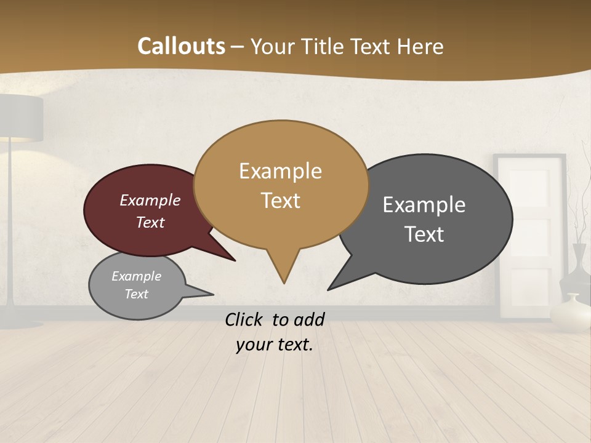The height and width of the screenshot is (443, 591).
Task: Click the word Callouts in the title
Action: pyautogui.click(x=181, y=46)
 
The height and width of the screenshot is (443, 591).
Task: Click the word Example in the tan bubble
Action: pyautogui.click(x=280, y=171)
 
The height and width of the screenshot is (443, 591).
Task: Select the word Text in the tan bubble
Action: pyautogui.click(x=280, y=201)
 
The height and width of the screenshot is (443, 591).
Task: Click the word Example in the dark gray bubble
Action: pyautogui.click(x=424, y=205)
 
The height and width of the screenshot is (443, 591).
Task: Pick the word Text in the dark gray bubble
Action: pyautogui.click(x=424, y=234)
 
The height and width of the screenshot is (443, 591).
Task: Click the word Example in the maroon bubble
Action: pyautogui.click(x=150, y=201)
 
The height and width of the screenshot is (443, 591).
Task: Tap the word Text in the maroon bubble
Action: pyautogui.click(x=150, y=222)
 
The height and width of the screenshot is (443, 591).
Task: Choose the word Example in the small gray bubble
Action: pyautogui.click(x=136, y=276)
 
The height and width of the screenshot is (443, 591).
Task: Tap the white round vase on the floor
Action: pyautogui.click(x=570, y=313)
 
